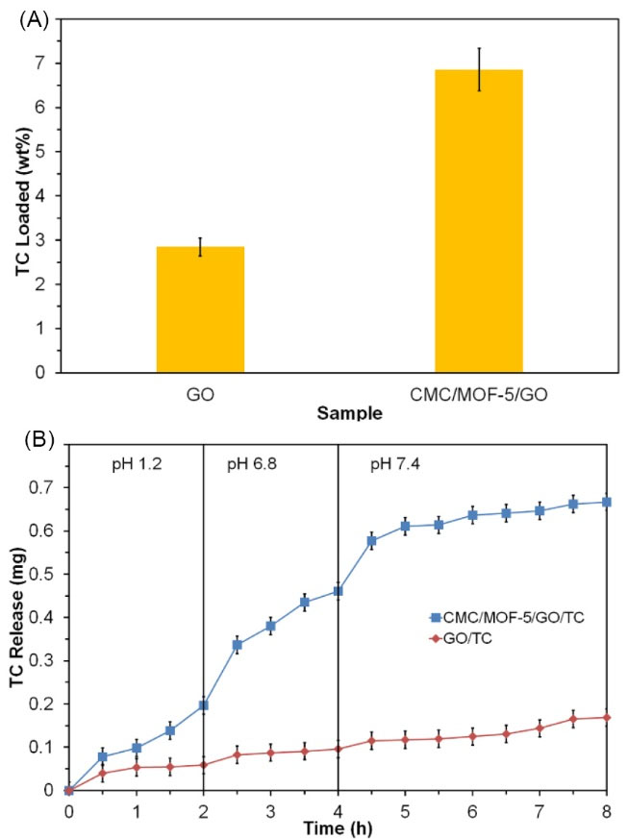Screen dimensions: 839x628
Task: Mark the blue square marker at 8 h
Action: (607, 502)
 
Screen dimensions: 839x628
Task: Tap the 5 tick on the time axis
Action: (405, 809)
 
